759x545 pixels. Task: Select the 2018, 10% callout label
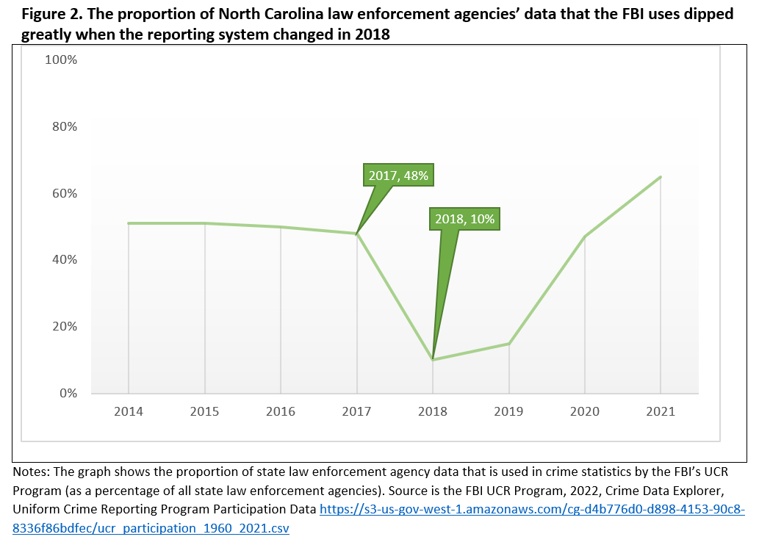click(x=465, y=219)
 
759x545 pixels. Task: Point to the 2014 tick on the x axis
click(x=129, y=411)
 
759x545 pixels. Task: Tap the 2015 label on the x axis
click(x=204, y=411)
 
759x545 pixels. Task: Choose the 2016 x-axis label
click(x=281, y=411)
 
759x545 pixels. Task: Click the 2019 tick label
click(x=509, y=411)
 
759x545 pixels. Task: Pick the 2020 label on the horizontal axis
click(x=585, y=411)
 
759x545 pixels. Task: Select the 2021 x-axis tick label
click(x=661, y=411)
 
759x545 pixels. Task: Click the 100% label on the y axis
click(x=61, y=60)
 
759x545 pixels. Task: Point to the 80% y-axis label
click(x=64, y=127)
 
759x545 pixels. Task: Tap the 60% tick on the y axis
click(x=64, y=194)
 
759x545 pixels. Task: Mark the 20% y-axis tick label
click(x=64, y=327)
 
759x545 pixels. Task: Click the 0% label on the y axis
click(x=67, y=394)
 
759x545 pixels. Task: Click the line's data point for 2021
click(x=661, y=177)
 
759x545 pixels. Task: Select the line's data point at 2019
click(x=509, y=344)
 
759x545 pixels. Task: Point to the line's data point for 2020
click(x=585, y=237)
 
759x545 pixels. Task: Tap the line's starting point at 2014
click(x=129, y=223)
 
